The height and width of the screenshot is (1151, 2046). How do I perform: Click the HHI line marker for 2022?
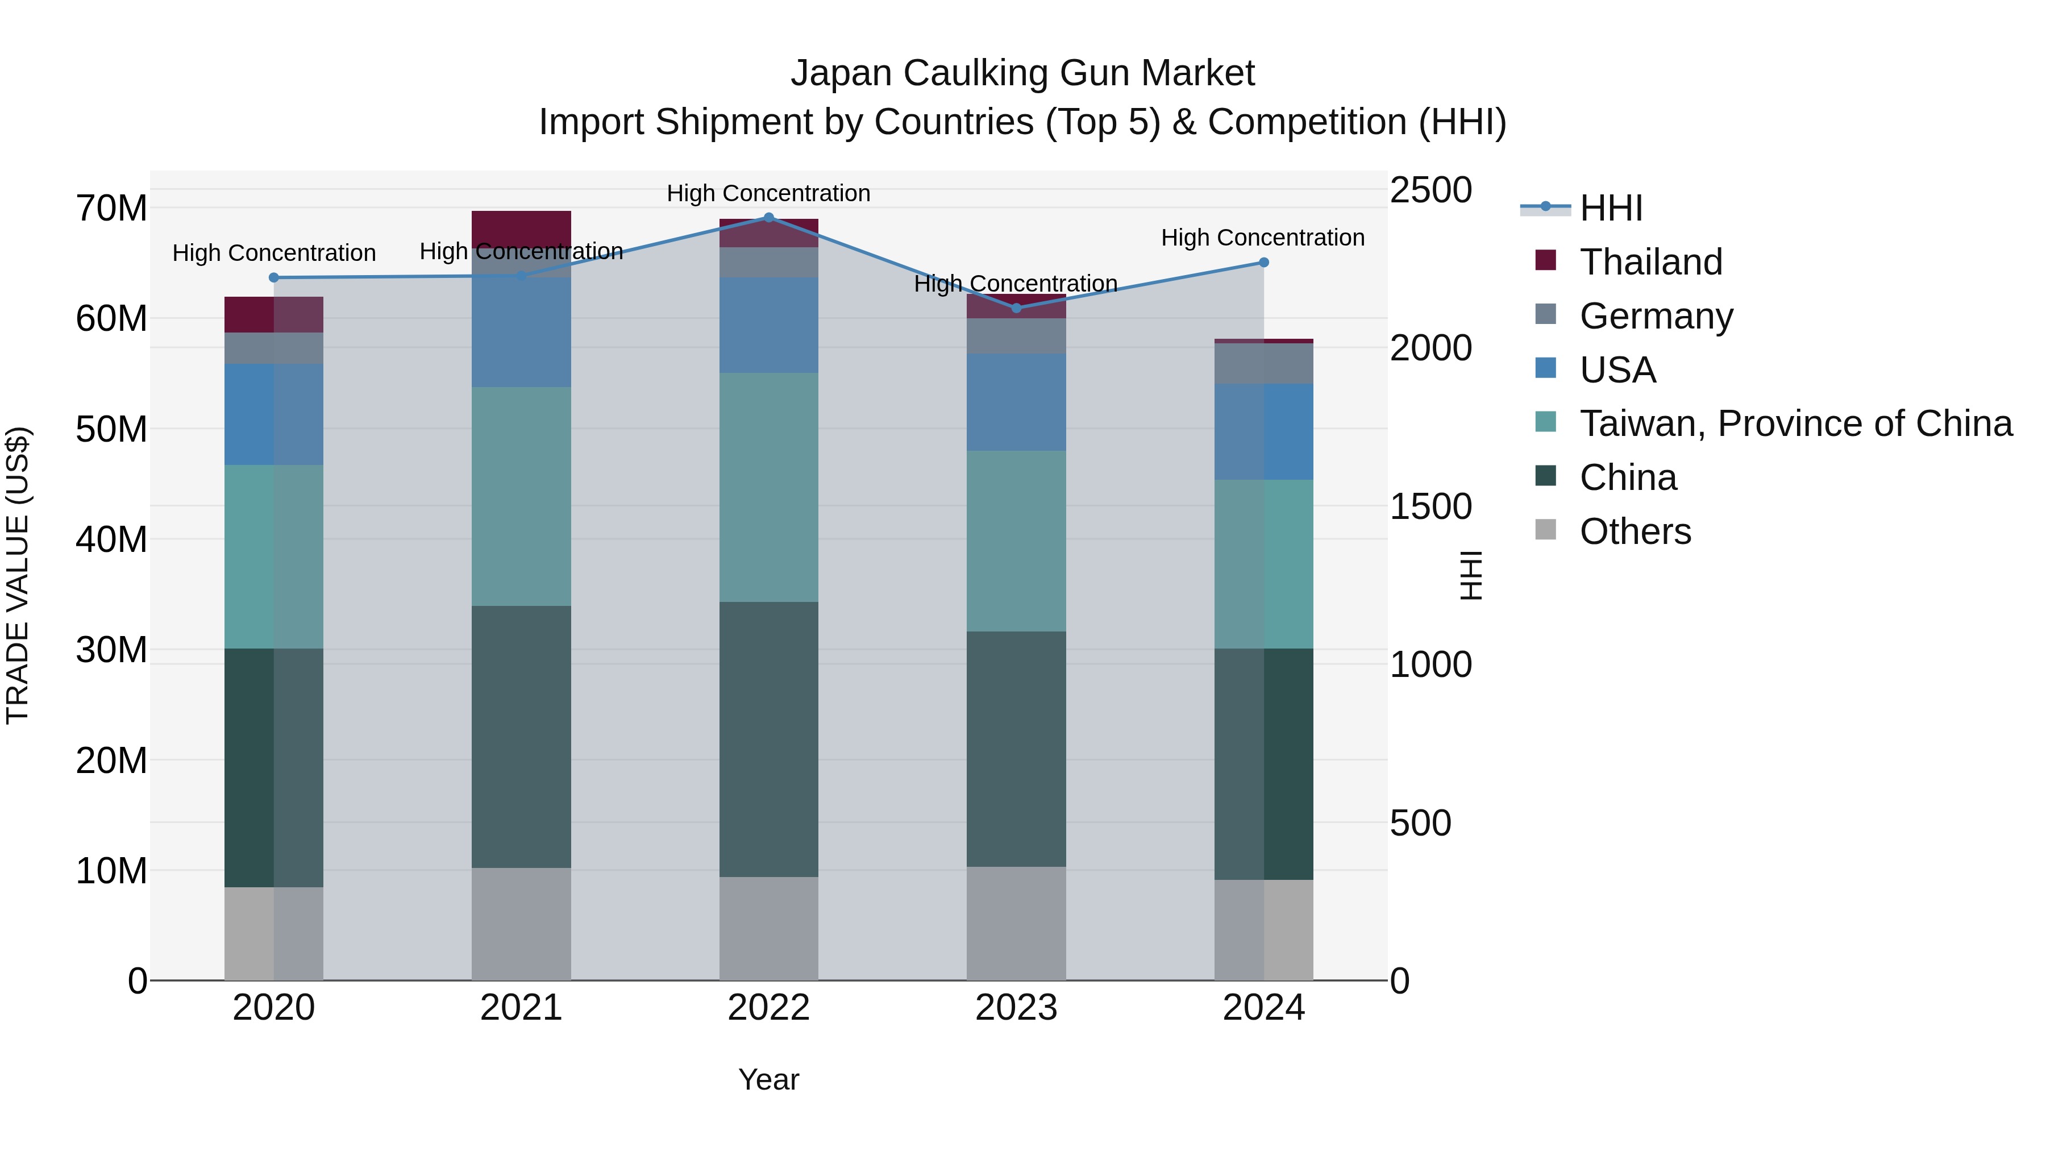point(768,218)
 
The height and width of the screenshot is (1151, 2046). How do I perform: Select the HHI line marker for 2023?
point(1016,308)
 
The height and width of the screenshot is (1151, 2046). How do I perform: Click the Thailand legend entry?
point(1650,262)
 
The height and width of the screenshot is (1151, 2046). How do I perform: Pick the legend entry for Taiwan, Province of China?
point(1795,423)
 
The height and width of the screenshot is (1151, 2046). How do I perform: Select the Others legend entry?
point(1635,531)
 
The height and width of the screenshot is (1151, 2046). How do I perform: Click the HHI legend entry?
point(1610,208)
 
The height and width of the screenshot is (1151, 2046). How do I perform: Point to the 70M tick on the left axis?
point(111,209)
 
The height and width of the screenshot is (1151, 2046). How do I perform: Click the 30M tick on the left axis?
point(111,650)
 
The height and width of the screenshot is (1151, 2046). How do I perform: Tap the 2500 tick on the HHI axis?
point(1430,190)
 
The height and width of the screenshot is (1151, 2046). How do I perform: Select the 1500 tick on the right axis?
point(1430,507)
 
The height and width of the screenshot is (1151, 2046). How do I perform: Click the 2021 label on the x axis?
point(521,1008)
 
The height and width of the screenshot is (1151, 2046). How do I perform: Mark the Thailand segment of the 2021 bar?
point(521,228)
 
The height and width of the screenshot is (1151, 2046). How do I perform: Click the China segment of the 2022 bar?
point(768,739)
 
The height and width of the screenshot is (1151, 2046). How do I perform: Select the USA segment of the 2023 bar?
point(1016,402)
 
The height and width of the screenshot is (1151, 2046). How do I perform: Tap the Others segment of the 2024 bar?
point(1263,929)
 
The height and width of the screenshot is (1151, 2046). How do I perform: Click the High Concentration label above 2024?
point(1262,238)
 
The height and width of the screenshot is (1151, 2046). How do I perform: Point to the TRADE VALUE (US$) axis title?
point(18,575)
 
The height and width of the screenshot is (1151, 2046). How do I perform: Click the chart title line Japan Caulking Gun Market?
point(1022,73)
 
